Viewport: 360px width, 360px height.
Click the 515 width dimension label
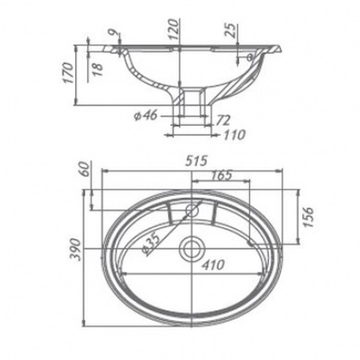pyautogui.click(x=196, y=161)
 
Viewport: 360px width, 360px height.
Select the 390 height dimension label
pyautogui.click(x=76, y=250)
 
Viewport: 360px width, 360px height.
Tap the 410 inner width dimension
pyautogui.click(x=213, y=265)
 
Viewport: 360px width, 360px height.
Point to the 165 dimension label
pyautogui.click(x=221, y=175)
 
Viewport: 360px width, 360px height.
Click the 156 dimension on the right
pyautogui.click(x=308, y=217)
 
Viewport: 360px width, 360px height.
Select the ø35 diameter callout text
pyautogui.click(x=151, y=243)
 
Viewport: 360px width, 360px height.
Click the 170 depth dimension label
pyautogui.click(x=68, y=73)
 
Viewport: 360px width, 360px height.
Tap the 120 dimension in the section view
pyautogui.click(x=173, y=29)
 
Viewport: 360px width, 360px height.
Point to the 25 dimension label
pyautogui.click(x=230, y=31)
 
